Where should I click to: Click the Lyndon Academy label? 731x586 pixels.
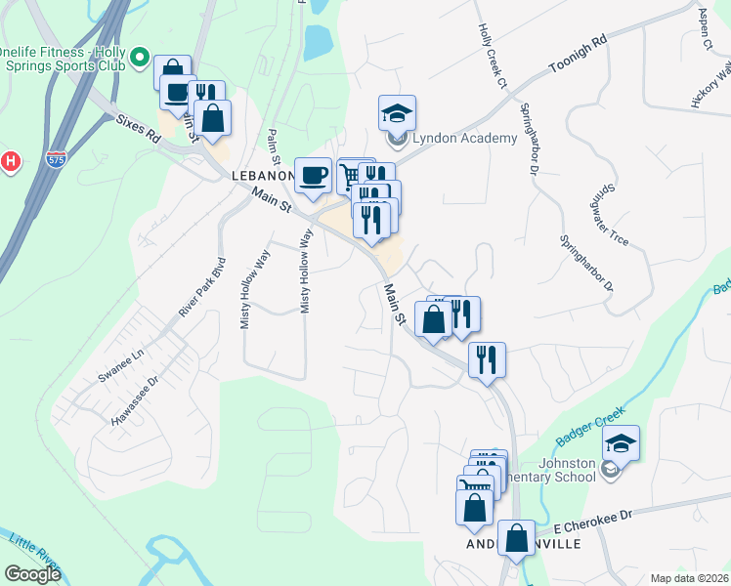[464, 138]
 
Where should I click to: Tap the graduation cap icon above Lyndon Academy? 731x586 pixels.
[397, 112]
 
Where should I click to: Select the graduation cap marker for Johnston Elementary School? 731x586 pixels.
[621, 442]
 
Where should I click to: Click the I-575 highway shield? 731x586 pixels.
[56, 157]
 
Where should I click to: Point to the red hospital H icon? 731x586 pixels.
[11, 161]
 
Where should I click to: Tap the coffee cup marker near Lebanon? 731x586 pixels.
[312, 175]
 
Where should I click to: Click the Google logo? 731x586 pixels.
[32, 573]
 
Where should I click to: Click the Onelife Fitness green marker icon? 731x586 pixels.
[139, 59]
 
